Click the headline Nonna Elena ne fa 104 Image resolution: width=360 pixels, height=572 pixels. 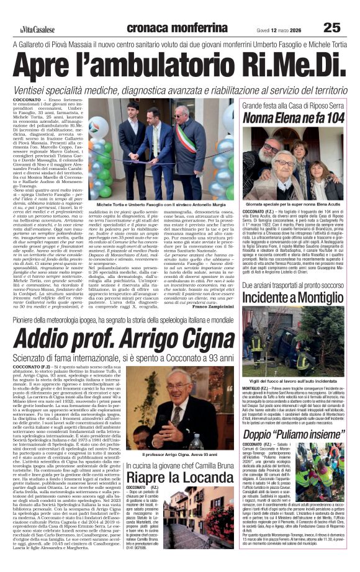click(x=294, y=117)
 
